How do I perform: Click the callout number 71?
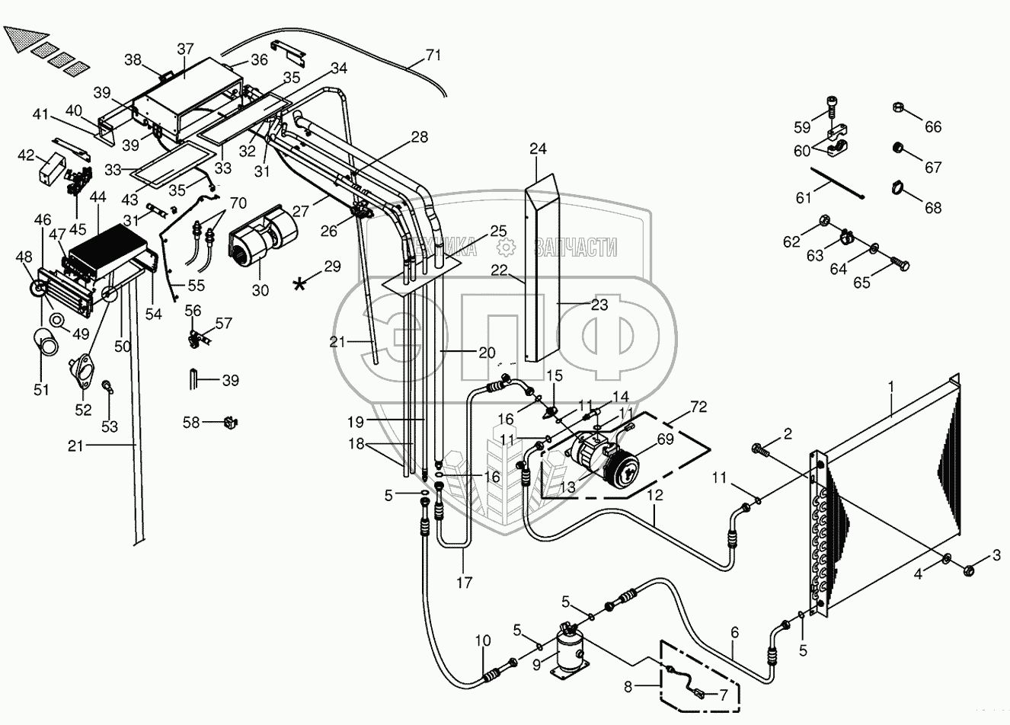coord(433,56)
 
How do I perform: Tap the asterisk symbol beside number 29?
coord(299,284)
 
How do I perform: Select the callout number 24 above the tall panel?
coord(538,149)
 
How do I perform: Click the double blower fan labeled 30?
coord(264,238)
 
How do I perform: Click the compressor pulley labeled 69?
coord(622,472)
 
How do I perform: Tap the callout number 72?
coord(699,407)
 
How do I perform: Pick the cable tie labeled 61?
coord(837,183)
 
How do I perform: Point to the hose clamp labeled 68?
coord(899,187)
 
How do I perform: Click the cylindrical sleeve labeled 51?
coord(46,342)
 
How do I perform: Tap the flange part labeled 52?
coord(82,372)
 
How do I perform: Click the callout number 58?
coord(191,423)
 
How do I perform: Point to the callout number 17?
coord(464,583)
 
